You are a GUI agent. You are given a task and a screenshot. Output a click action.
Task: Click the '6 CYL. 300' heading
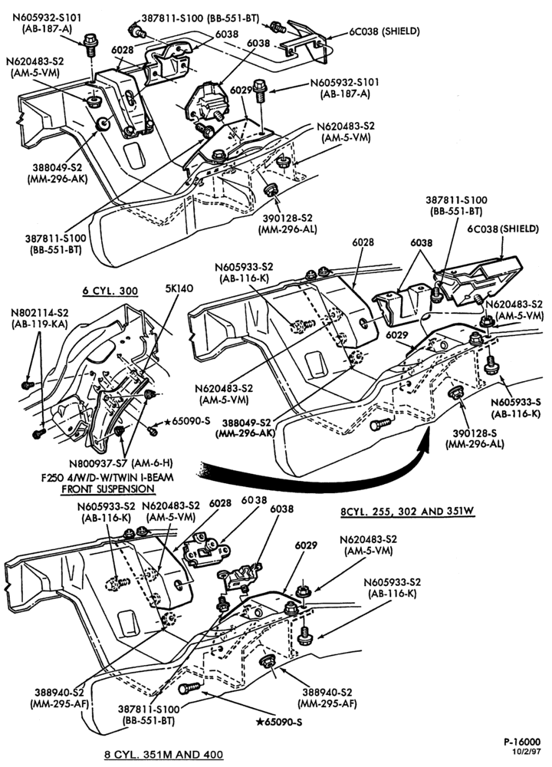(x=110, y=291)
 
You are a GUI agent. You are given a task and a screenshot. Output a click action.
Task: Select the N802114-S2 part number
(x=40, y=313)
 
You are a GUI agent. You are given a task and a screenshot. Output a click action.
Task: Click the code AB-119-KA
(x=40, y=324)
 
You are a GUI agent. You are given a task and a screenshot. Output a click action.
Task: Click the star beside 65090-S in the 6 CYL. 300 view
(x=167, y=421)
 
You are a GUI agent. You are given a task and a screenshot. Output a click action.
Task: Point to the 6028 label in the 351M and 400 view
(x=220, y=503)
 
